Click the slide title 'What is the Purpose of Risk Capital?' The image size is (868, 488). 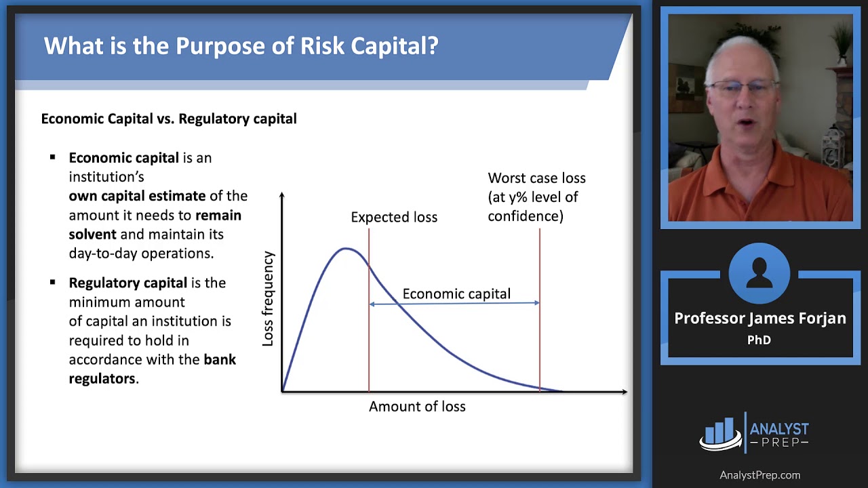(x=241, y=46)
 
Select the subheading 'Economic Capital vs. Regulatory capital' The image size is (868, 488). (x=169, y=119)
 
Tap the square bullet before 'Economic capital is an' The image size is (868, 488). (x=53, y=157)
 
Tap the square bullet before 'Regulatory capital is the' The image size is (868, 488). (x=53, y=282)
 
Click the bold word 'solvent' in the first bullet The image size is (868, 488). (x=93, y=234)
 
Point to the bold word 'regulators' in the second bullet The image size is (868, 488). (x=102, y=378)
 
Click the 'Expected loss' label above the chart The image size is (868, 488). (x=393, y=217)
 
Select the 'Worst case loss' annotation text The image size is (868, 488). (x=536, y=178)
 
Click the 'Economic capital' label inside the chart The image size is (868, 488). (x=456, y=293)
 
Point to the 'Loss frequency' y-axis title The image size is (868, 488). (x=268, y=299)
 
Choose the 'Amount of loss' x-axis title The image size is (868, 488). (x=417, y=407)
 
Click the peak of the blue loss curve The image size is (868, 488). (x=347, y=249)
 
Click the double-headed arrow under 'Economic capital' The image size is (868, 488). (x=454, y=304)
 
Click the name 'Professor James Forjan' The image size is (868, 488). (x=759, y=318)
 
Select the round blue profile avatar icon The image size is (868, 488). (x=759, y=274)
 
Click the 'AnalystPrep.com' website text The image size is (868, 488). (x=759, y=475)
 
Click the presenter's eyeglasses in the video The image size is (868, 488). (x=744, y=88)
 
